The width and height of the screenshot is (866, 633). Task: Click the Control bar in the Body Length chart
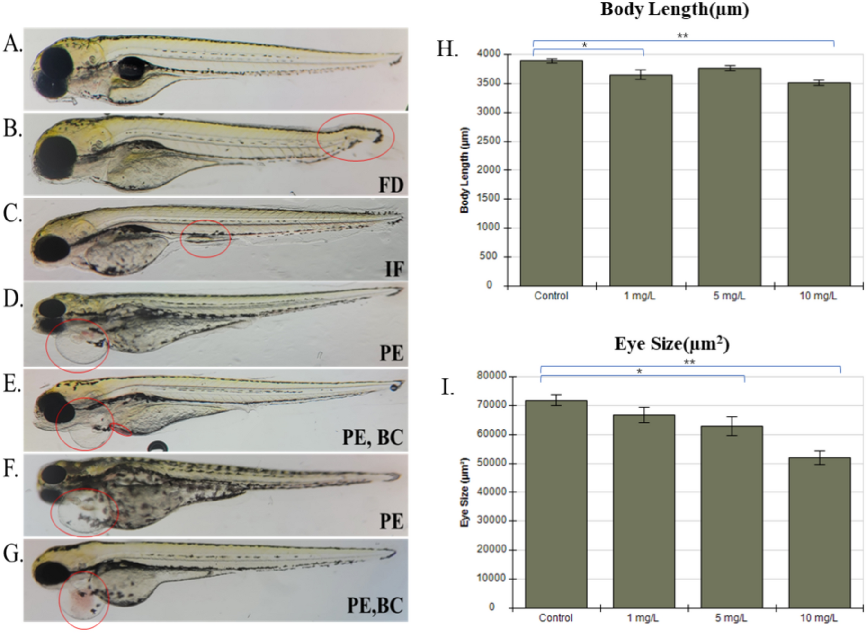pyautogui.click(x=551, y=173)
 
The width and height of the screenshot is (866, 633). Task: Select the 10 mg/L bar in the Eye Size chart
pyautogui.click(x=819, y=532)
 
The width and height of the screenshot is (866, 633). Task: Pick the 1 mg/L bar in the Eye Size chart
pyautogui.click(x=643, y=511)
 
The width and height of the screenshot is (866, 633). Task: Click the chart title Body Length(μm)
pyautogui.click(x=674, y=9)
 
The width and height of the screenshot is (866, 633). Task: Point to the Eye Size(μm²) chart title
pyautogui.click(x=671, y=344)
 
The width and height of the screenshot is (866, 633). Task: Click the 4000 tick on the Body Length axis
pyautogui.click(x=488, y=54)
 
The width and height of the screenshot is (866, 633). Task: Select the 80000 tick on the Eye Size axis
pyautogui.click(x=491, y=376)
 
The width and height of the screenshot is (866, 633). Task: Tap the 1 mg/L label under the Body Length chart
pyautogui.click(x=639, y=296)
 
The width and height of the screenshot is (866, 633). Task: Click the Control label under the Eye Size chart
pyautogui.click(x=555, y=618)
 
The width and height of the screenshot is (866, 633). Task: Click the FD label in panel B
pyautogui.click(x=391, y=185)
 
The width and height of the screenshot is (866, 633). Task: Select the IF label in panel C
pyautogui.click(x=394, y=269)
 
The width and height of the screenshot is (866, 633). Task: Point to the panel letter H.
pyautogui.click(x=447, y=49)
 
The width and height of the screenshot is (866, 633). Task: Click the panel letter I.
pyautogui.click(x=447, y=387)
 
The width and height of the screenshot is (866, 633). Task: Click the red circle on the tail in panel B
pyautogui.click(x=355, y=137)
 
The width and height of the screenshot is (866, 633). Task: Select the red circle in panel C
pyautogui.click(x=205, y=238)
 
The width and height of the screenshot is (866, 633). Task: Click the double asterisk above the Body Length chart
pyautogui.click(x=682, y=36)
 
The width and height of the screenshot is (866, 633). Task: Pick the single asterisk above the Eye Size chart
pyautogui.click(x=639, y=372)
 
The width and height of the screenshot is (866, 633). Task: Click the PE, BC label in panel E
pyautogui.click(x=373, y=437)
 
